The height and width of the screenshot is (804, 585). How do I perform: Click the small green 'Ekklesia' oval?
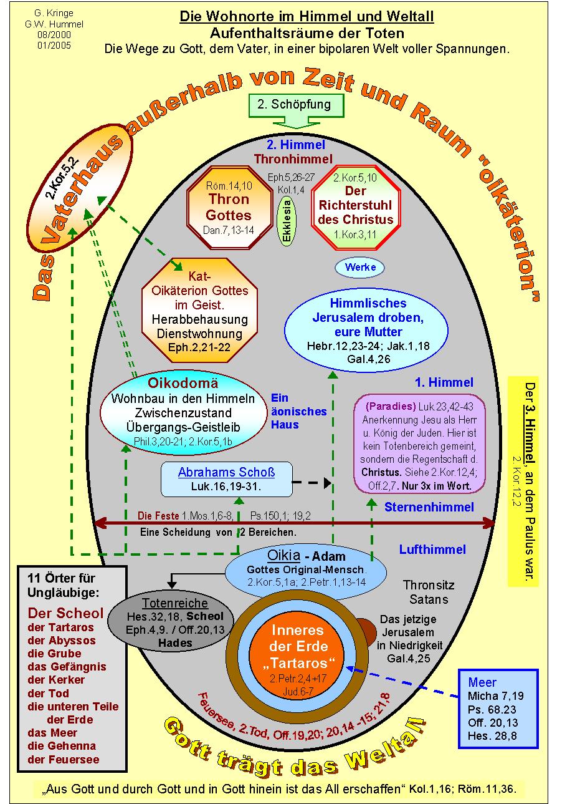point(287,221)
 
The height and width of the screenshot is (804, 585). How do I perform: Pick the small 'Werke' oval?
point(360,268)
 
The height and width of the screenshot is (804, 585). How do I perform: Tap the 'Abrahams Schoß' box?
point(226,478)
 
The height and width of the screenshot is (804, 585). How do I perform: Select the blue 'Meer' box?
point(498,709)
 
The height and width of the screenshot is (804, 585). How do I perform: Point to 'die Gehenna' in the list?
point(62,746)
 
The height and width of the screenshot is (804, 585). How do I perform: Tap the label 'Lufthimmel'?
point(432,550)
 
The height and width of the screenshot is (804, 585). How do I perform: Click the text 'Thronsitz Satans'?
point(429,593)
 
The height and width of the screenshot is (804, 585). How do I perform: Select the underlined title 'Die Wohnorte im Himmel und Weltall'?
point(307,17)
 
